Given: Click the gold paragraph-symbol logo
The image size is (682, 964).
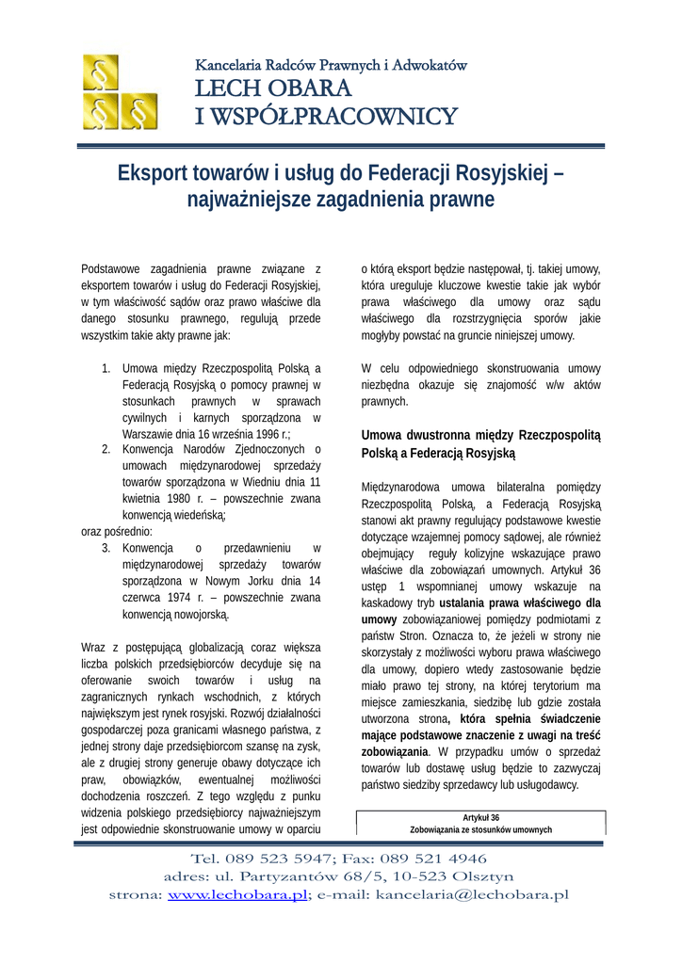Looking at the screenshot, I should tap(119, 91).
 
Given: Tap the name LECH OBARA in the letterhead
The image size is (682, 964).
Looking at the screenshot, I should tap(273, 89).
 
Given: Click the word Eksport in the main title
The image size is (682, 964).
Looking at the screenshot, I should tap(156, 174).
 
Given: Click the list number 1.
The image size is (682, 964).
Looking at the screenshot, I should tap(106, 368).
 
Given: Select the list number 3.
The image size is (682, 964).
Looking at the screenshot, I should tap(106, 548).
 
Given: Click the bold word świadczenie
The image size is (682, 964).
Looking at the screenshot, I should tap(562, 718).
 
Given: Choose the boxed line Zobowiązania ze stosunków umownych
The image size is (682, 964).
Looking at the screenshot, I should tap(480, 829).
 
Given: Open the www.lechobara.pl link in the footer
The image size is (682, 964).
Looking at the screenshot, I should tap(237, 894).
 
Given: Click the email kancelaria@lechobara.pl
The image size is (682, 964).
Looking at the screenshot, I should tap(473, 894).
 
